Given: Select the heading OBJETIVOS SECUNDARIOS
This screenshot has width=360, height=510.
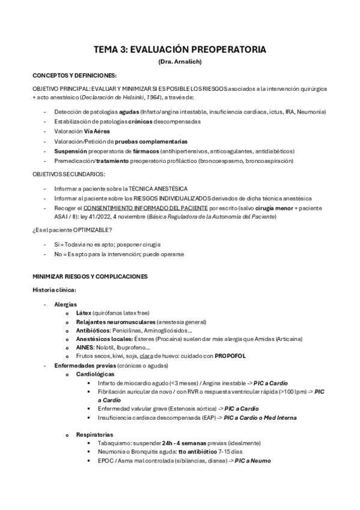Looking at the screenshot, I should pyautogui.click(x=69, y=174).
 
